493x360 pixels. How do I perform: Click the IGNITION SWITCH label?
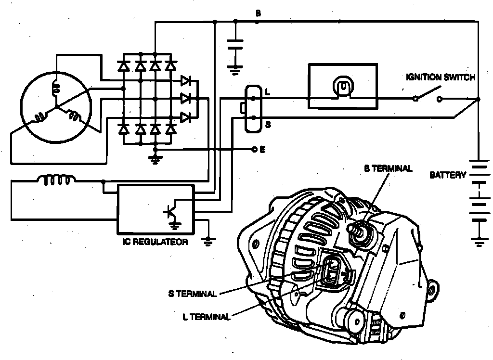441,77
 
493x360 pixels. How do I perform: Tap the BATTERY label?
447,175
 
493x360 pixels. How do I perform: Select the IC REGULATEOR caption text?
155,242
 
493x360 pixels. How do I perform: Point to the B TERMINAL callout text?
388,169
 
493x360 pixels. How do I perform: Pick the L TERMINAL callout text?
207,316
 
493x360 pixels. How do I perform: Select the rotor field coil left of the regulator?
56,180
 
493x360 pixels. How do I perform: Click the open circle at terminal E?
255,150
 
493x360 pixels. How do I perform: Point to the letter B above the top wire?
258,14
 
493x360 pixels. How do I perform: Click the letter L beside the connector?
268,91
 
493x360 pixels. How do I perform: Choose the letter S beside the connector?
268,124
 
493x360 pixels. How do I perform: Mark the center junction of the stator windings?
56,106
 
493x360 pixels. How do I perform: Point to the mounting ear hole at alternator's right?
433,290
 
